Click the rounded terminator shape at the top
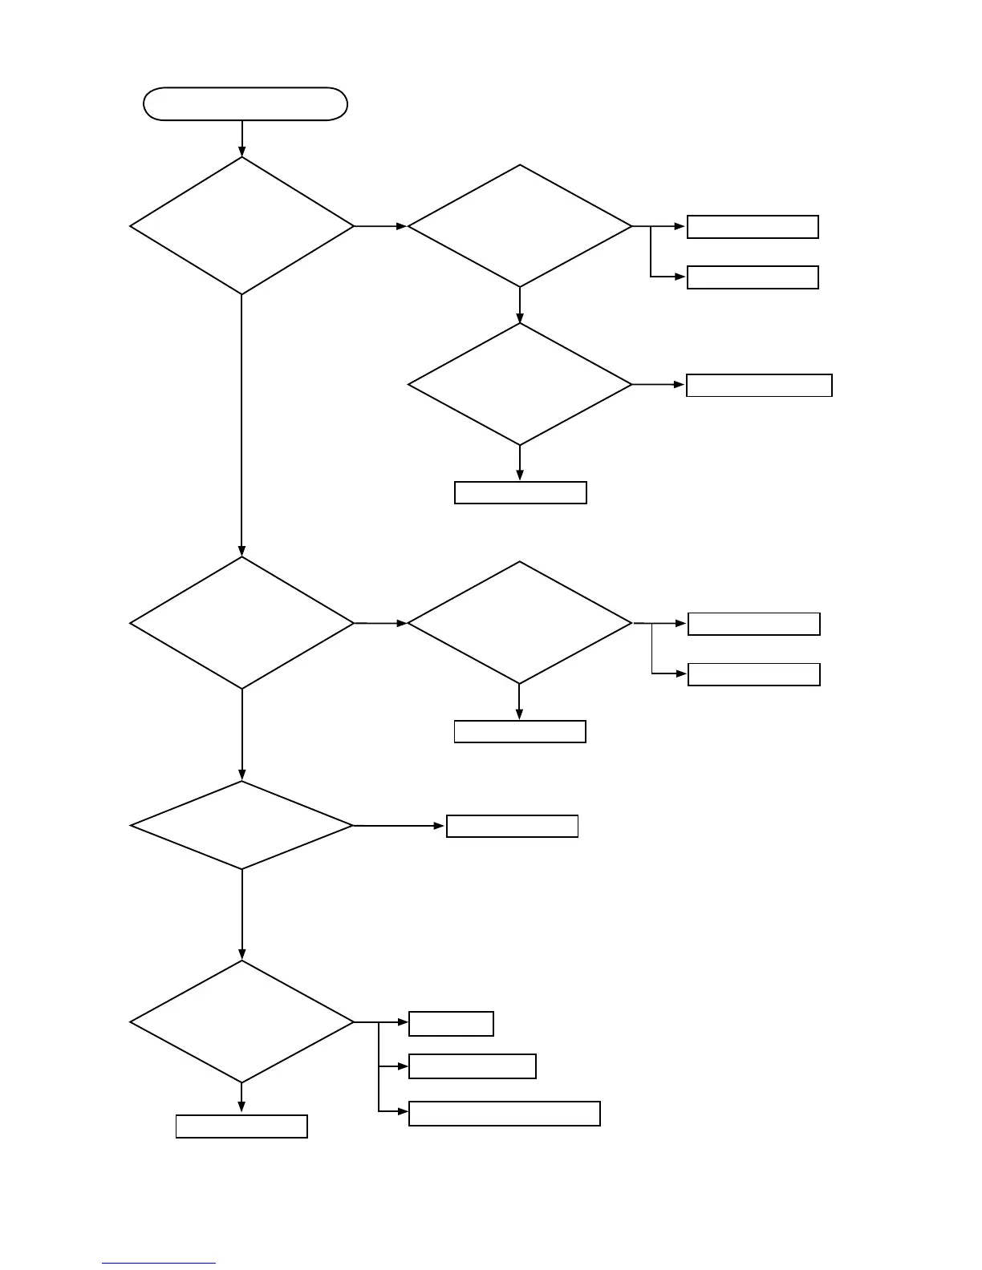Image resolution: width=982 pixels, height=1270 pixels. click(245, 104)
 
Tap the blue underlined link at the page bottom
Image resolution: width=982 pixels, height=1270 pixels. click(159, 1262)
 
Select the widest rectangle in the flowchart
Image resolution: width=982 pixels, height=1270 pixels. click(504, 1114)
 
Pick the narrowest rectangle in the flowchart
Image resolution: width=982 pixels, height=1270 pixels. click(451, 1024)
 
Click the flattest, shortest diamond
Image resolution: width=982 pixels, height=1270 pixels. click(241, 825)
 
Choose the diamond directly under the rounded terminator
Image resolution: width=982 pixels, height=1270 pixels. click(241, 226)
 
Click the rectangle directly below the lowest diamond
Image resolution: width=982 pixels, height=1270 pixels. click(241, 1126)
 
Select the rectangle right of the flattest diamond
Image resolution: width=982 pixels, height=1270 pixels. click(512, 826)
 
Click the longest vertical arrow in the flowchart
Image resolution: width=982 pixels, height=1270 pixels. click(241, 425)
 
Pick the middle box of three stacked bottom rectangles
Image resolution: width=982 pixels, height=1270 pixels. click(472, 1066)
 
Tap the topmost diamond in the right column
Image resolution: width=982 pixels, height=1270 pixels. click(520, 226)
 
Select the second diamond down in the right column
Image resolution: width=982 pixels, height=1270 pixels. click(520, 384)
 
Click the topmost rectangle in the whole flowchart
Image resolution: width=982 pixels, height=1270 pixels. click(753, 227)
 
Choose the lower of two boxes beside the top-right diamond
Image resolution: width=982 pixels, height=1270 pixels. click(753, 277)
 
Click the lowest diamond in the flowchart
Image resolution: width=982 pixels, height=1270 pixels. click(241, 1022)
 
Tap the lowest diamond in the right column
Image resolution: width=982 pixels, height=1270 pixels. click(520, 622)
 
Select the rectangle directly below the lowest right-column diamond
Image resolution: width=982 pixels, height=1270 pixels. click(520, 731)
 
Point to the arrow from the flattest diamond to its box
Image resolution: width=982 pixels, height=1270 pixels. click(400, 825)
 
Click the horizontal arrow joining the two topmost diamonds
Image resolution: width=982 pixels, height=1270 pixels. click(380, 226)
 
